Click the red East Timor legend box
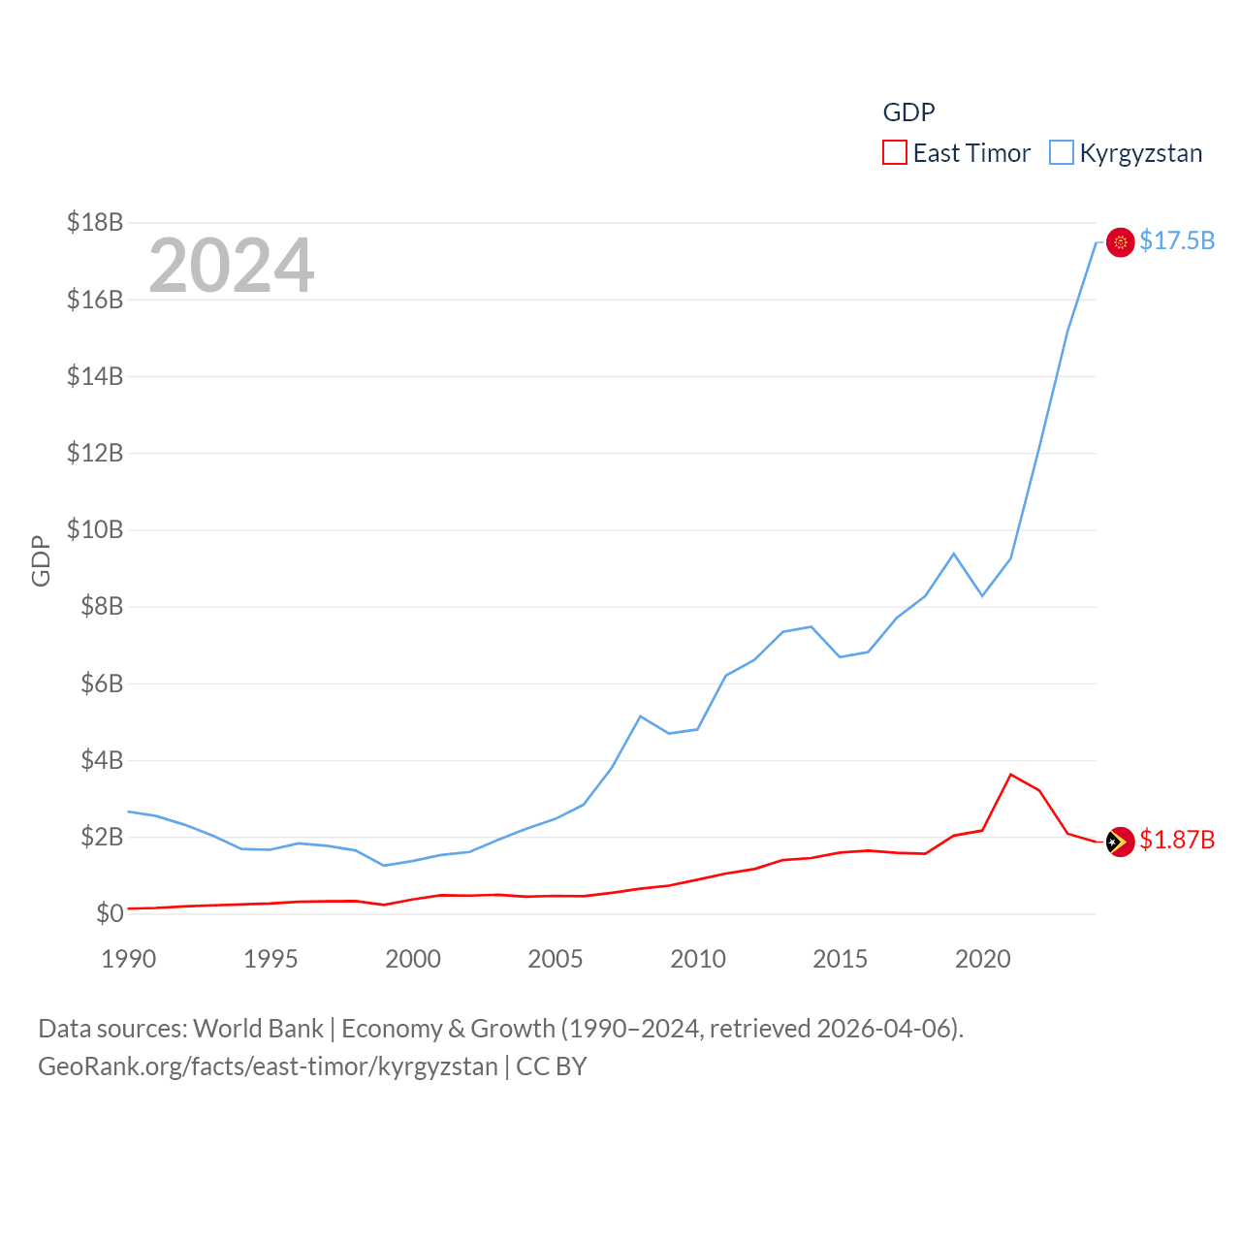pyautogui.click(x=894, y=153)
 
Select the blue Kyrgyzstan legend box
pyautogui.click(x=1062, y=153)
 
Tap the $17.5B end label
pyautogui.click(x=1177, y=240)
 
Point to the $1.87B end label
pyautogui.click(x=1177, y=840)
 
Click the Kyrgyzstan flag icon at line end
pyautogui.click(x=1120, y=242)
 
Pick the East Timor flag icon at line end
pyautogui.click(x=1120, y=842)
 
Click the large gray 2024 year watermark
pyautogui.click(x=231, y=266)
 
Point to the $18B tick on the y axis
pyautogui.click(x=95, y=222)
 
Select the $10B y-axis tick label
pyautogui.click(x=95, y=529)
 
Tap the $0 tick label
pyautogui.click(x=110, y=913)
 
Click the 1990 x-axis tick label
pyautogui.click(x=128, y=959)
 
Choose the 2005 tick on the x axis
pyautogui.click(x=556, y=959)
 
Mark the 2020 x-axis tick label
pyautogui.click(x=982, y=959)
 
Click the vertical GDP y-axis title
pyautogui.click(x=41, y=560)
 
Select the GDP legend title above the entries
pyautogui.click(x=908, y=112)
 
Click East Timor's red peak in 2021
pyautogui.click(x=1011, y=774)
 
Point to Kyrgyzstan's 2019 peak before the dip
pyautogui.click(x=954, y=554)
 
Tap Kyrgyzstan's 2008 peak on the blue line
pyautogui.click(x=641, y=716)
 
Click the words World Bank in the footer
pyautogui.click(x=258, y=1028)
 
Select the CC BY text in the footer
pyautogui.click(x=552, y=1066)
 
